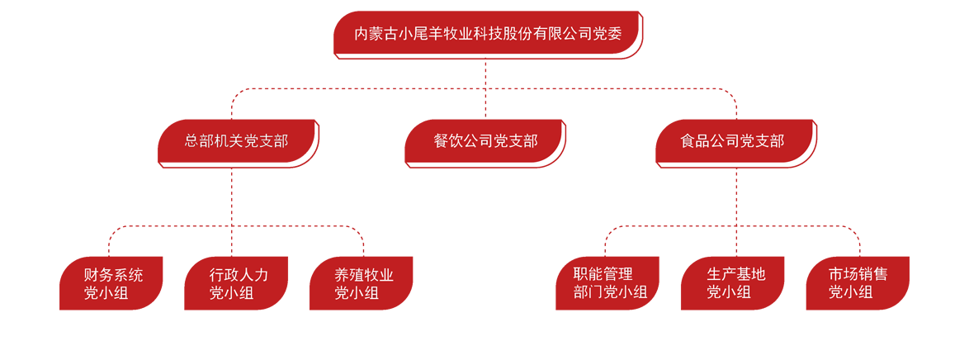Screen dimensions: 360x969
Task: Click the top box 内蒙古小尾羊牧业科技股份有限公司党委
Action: (x=486, y=34)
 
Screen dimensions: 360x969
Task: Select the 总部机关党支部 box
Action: (x=237, y=141)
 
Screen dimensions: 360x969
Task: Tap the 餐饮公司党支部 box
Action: (x=484, y=141)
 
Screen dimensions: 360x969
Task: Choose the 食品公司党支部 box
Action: (x=734, y=141)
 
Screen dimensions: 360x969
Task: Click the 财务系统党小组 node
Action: (x=111, y=283)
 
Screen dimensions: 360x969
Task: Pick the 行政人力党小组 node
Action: (x=236, y=283)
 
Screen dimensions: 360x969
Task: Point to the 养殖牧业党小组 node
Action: (x=362, y=283)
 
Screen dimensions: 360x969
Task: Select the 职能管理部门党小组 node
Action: (x=607, y=283)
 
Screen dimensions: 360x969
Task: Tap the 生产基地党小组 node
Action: (x=733, y=283)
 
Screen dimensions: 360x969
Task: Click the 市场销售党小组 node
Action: (x=858, y=283)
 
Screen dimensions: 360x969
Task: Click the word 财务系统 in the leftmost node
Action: (x=113, y=275)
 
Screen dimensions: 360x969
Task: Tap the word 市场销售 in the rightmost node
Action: (x=858, y=275)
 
